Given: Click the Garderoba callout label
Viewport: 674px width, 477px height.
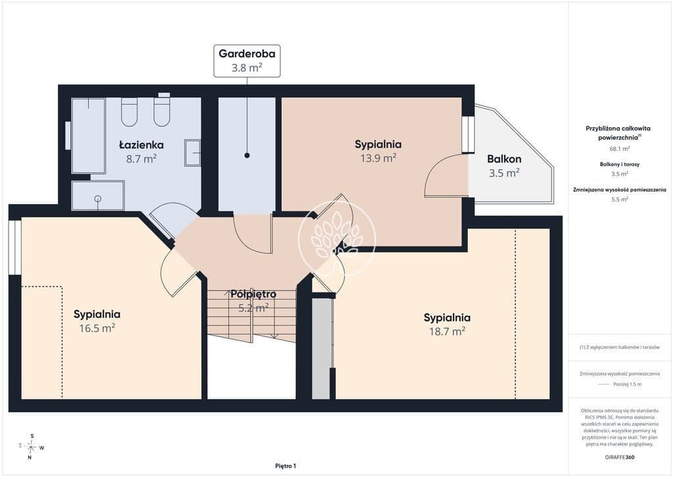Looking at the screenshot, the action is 247,61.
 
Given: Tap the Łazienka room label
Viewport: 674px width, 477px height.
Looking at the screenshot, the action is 141,145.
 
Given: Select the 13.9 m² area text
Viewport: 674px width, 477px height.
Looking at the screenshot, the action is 378,158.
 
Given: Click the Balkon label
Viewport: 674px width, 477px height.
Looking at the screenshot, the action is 504,159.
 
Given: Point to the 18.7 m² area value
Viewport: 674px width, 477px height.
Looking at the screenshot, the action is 447,331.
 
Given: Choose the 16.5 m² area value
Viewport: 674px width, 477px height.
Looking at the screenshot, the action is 97,328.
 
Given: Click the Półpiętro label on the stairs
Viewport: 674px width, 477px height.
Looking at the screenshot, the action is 253,295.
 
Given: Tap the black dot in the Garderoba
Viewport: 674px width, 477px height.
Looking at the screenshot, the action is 247,155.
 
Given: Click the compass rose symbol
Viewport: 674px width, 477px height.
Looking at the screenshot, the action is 31,447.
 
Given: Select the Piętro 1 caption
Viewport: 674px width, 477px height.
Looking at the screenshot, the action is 286,466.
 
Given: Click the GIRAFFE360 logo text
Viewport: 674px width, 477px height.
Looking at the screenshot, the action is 619,457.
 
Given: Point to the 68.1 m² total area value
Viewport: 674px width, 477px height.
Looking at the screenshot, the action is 619,149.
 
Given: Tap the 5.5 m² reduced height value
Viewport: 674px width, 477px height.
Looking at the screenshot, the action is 619,199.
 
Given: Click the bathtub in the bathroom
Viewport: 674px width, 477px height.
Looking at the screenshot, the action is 89,136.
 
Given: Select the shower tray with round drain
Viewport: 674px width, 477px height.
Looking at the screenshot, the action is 98,196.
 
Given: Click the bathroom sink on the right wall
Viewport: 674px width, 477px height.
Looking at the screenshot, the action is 193,153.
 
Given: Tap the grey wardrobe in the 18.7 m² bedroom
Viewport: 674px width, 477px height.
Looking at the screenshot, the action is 321,349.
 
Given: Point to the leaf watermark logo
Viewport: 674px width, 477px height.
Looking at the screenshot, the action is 337,238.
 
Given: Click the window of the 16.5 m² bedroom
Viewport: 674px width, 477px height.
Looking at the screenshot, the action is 15,247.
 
